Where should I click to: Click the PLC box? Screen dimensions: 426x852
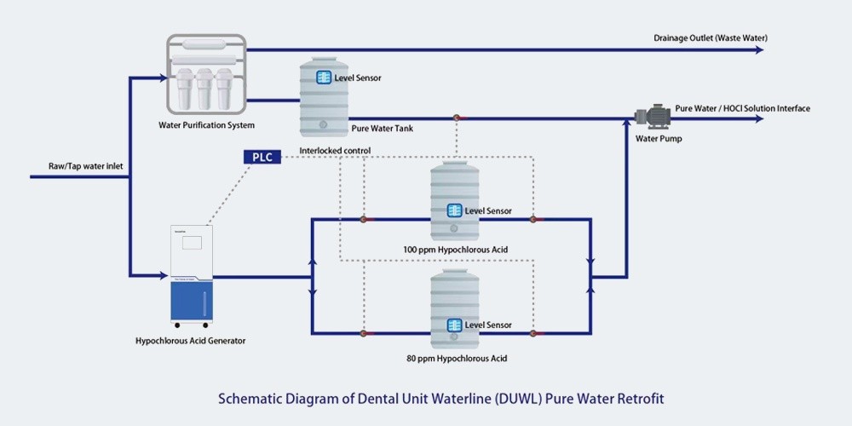[x=262, y=157]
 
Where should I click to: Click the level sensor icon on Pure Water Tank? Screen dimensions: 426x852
[x=324, y=78]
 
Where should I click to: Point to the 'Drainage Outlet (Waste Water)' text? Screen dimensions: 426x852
[x=708, y=38]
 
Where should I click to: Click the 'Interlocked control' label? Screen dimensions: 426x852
[x=335, y=151]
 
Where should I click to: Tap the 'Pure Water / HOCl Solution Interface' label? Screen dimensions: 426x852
[x=742, y=108]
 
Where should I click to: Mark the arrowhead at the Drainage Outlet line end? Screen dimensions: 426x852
[x=759, y=49]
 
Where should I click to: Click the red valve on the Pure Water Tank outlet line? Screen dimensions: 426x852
[x=456, y=118]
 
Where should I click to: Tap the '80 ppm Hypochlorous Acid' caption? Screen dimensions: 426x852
[x=457, y=359]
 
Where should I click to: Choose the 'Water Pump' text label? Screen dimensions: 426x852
[x=659, y=138]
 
